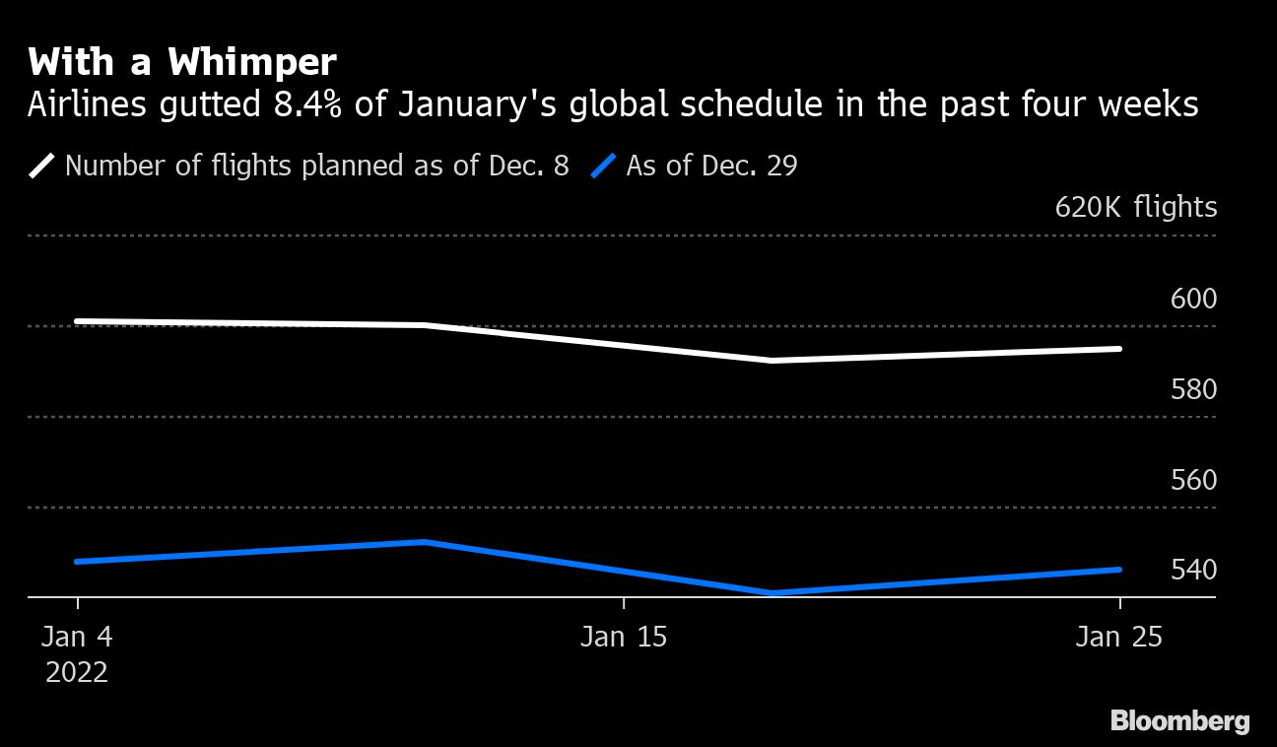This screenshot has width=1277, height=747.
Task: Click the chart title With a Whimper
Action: point(182,63)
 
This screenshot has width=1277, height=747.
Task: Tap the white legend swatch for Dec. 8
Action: point(42,166)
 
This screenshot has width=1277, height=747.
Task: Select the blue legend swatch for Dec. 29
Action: point(603,166)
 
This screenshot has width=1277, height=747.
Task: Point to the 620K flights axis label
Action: point(1135,208)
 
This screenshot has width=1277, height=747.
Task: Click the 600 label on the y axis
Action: point(1193,299)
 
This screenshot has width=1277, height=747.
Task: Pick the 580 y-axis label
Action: point(1193,389)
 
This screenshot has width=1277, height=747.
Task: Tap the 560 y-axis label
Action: point(1193,480)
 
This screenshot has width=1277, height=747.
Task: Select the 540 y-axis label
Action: point(1193,571)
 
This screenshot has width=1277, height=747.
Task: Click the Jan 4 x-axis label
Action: point(77,638)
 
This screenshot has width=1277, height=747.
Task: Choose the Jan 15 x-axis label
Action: point(624,638)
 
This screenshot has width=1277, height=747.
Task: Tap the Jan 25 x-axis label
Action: point(1119,638)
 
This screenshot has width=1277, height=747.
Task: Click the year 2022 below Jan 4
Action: point(77,673)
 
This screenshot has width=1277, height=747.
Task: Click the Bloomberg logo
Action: point(1179,721)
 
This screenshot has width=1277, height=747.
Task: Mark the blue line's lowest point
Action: point(772,593)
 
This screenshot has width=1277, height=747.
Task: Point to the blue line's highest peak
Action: point(423,542)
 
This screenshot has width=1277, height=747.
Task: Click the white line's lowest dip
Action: point(772,361)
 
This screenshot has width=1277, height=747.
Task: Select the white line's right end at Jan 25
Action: point(1119,349)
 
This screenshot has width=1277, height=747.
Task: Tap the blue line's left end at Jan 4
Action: point(77,562)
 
